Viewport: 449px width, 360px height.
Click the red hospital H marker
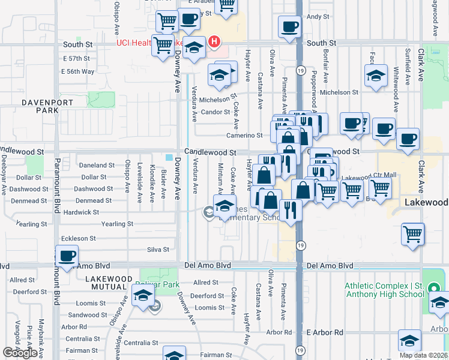214,42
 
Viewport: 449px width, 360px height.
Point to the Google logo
20,353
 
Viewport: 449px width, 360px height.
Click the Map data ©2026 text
424,355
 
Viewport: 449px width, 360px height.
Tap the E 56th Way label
78,71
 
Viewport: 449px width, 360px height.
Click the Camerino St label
244,136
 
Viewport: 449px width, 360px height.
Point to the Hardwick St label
81,212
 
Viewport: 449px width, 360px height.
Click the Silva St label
158,250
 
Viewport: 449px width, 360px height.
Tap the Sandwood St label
87,315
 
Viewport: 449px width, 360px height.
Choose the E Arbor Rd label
325,332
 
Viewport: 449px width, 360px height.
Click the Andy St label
318,17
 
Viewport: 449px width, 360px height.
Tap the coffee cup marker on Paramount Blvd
67,256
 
